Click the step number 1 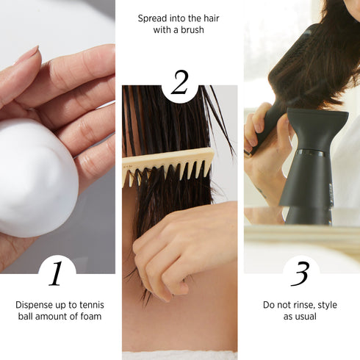[x=57, y=273]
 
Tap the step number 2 [x=180, y=84]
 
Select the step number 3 [x=300, y=273]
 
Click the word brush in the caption [x=191, y=30]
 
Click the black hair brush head [x=297, y=55]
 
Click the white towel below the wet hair [x=179, y=355]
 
